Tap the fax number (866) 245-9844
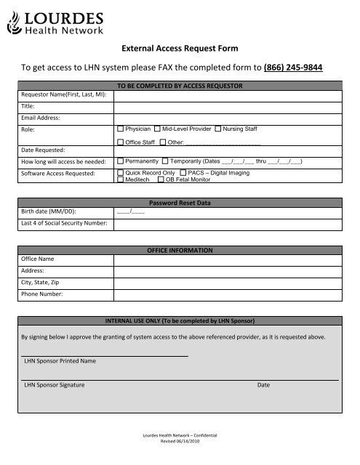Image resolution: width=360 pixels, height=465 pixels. click(295, 68)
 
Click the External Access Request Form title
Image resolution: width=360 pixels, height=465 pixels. click(179, 48)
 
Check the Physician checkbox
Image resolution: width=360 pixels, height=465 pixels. click(120, 128)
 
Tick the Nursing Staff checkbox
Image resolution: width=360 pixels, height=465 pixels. click(218, 128)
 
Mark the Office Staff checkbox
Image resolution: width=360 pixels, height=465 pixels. click(120, 142)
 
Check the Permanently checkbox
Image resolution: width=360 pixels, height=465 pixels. click(120, 160)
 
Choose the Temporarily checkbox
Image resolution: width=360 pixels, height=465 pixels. click(165, 160)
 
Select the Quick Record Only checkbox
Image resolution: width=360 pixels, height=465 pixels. click(120, 173)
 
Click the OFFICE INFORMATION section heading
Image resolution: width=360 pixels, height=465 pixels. click(179, 250)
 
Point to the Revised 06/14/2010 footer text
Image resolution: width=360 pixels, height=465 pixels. click(180, 440)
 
